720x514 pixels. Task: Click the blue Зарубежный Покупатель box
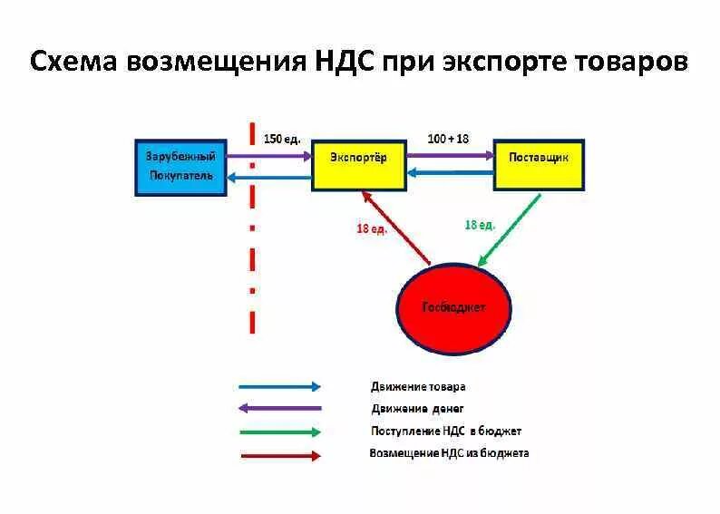(x=180, y=167)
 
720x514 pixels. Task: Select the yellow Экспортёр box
(x=358, y=165)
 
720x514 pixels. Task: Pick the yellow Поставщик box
(x=538, y=164)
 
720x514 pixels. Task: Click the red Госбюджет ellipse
(x=453, y=306)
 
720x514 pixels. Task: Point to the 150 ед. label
(x=281, y=139)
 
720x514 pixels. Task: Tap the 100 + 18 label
(x=449, y=139)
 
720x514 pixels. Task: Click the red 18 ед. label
(x=372, y=229)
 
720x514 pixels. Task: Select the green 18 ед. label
(x=480, y=224)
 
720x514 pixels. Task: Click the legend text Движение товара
(x=418, y=386)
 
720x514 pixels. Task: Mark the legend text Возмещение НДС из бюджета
(x=449, y=453)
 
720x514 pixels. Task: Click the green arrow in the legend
(x=279, y=432)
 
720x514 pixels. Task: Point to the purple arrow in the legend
(x=279, y=409)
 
